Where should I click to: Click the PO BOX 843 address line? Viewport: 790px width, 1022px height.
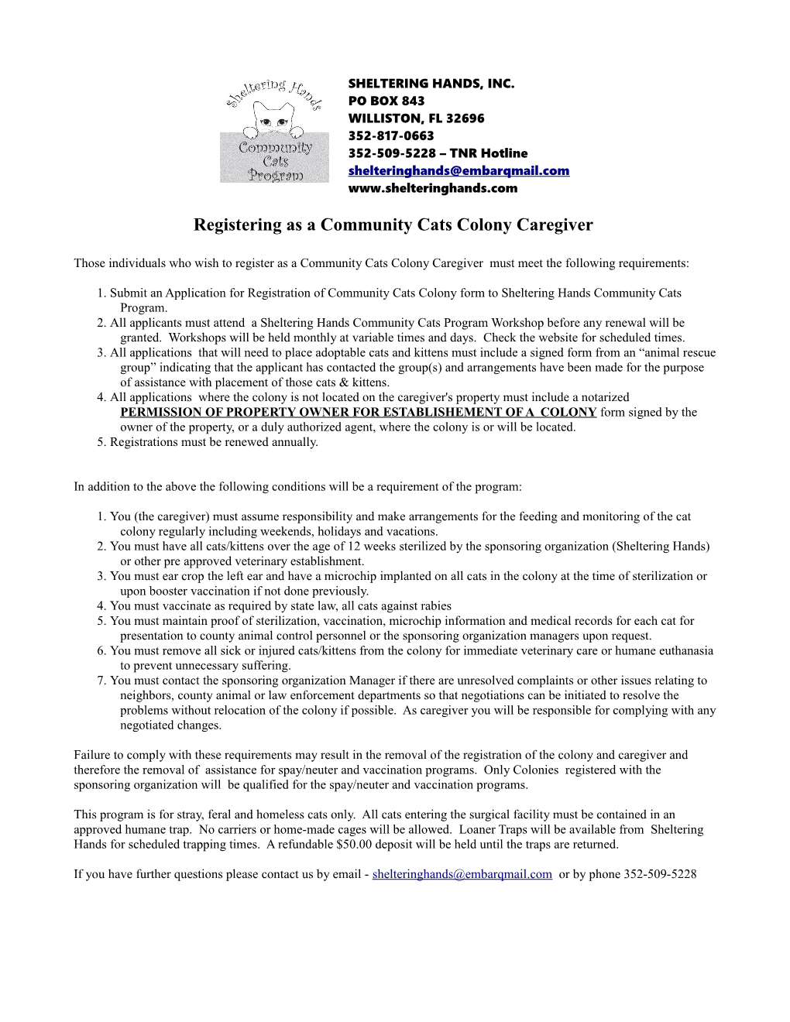point(386,101)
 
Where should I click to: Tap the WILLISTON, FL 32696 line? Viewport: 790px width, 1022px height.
point(416,118)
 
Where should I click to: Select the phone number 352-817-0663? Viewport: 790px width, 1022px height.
point(391,135)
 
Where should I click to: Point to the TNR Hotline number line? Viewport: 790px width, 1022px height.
point(438,153)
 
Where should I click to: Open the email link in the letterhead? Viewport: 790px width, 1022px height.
point(459,170)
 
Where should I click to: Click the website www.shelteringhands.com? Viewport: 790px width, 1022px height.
point(432,188)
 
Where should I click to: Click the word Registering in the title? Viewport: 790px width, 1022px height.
point(239,225)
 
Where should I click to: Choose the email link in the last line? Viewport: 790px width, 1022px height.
point(462,874)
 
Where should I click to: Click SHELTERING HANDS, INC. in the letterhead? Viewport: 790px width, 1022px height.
point(431,84)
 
